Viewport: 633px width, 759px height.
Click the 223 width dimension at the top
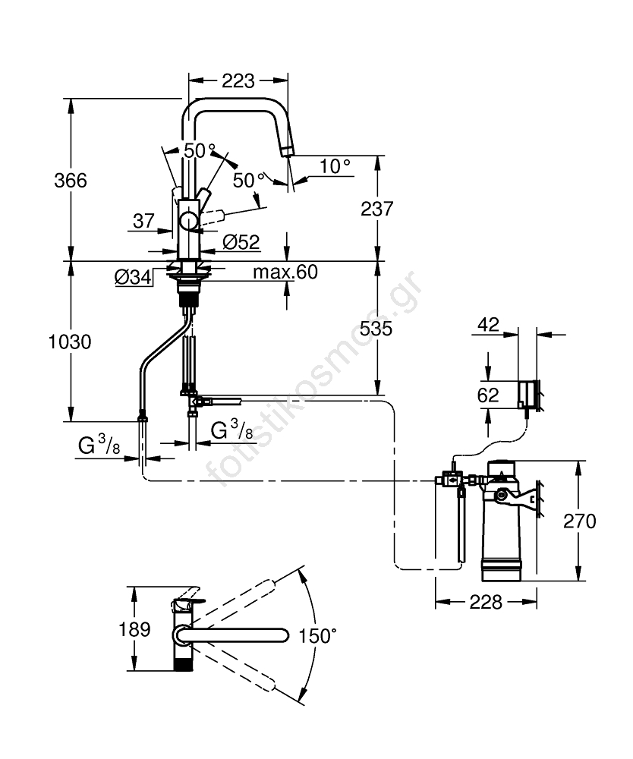tap(238, 80)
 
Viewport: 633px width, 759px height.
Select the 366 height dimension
tap(71, 181)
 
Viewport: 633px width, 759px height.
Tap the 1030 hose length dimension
tap(71, 342)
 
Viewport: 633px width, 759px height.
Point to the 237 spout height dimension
tap(377, 208)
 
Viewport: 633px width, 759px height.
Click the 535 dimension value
tap(377, 328)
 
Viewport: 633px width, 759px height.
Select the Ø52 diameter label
tap(242, 242)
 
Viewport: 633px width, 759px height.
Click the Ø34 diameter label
tap(133, 278)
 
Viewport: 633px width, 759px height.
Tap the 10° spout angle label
tap(335, 165)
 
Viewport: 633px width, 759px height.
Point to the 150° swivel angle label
tap(316, 635)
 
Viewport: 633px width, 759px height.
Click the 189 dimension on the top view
tap(134, 629)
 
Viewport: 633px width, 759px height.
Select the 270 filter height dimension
tap(580, 521)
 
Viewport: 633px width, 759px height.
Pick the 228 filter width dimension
tap(486, 602)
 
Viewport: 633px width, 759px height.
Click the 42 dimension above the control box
tap(489, 325)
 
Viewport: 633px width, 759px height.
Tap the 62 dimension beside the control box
tap(489, 395)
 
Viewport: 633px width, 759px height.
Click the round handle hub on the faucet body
tap(187, 222)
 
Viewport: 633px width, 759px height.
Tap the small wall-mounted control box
tap(529, 395)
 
